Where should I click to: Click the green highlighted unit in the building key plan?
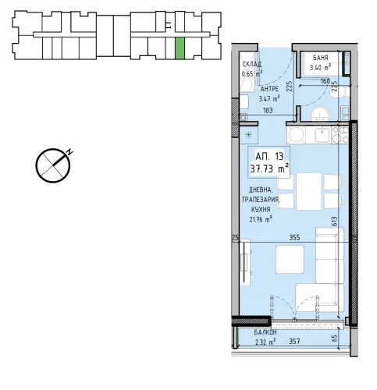(x=180, y=48)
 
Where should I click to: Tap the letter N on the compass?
(x=69, y=152)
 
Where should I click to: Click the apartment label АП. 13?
(x=269, y=157)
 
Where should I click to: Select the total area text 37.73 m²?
(x=269, y=168)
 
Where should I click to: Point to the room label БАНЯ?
(x=320, y=58)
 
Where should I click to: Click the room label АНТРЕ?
(x=269, y=89)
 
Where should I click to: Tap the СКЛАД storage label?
(x=252, y=64)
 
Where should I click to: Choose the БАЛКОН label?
(x=265, y=332)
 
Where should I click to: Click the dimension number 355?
(x=294, y=238)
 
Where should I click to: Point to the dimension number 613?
(x=334, y=222)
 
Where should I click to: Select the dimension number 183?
(x=268, y=111)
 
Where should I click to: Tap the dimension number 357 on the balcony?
(x=294, y=342)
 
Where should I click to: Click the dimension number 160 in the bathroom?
(x=325, y=81)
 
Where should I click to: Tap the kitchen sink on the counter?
(x=322, y=135)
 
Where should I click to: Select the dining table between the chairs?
(x=308, y=191)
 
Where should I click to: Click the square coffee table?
(x=290, y=260)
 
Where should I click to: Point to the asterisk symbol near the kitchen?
(x=249, y=135)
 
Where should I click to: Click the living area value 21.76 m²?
(x=261, y=219)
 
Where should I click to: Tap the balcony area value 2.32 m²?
(x=265, y=342)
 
